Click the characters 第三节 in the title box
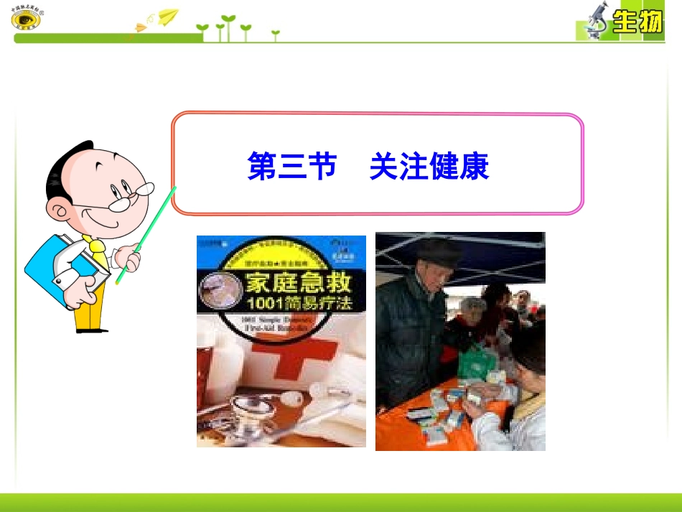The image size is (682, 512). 292,167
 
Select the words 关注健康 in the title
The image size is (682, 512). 429,167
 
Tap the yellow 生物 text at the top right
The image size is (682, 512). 636,24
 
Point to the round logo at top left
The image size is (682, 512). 27,17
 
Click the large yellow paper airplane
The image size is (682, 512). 168,15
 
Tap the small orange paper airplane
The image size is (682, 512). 141,27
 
